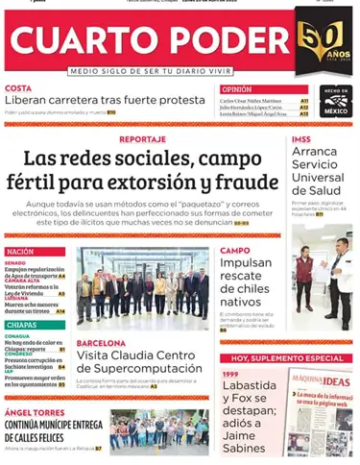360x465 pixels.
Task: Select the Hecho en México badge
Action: [x=335, y=100]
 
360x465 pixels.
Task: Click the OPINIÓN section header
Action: [x=236, y=89]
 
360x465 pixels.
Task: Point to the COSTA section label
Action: [x=17, y=88]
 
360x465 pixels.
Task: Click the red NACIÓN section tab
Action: [x=22, y=252]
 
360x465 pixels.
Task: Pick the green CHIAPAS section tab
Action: [x=23, y=325]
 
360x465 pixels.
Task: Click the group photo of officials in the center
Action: [x=142, y=288]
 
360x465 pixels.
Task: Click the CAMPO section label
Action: [x=235, y=251]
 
